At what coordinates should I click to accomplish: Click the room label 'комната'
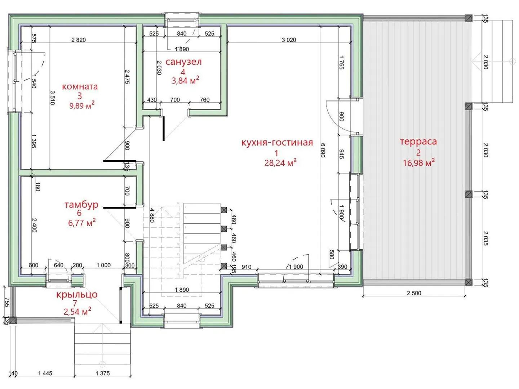click(80, 86)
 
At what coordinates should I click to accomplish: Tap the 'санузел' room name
click(183, 62)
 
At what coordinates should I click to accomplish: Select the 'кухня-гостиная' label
click(277, 142)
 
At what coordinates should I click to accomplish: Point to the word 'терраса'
click(418, 142)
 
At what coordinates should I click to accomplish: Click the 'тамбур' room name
click(81, 204)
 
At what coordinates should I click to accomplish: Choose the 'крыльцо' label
click(77, 294)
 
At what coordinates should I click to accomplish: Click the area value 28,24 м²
click(280, 163)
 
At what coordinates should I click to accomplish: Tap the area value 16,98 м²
click(419, 163)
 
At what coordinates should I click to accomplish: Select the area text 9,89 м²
click(82, 106)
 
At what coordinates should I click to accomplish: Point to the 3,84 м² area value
click(185, 81)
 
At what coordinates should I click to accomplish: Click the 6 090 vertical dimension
click(323, 150)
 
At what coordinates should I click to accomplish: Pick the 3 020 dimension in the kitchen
click(289, 40)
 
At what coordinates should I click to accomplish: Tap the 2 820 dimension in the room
click(79, 40)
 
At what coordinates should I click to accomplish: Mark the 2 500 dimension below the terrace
click(414, 293)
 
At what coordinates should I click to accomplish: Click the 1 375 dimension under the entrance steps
click(103, 373)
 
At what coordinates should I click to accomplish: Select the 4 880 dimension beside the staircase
click(152, 215)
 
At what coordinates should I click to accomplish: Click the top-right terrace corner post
click(469, 18)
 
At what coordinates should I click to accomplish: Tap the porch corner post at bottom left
click(13, 320)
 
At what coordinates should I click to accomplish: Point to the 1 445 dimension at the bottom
click(45, 373)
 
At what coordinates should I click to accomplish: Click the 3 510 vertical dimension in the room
click(53, 98)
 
